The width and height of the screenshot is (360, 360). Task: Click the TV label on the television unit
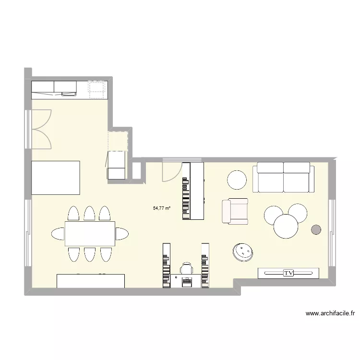[288, 273]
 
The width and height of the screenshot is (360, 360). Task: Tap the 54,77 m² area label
[162, 208]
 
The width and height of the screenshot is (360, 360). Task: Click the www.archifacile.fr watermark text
[330, 313]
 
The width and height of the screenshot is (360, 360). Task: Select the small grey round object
[316, 230]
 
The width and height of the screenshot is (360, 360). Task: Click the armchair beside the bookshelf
[235, 211]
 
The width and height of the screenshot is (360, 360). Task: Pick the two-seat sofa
[283, 177]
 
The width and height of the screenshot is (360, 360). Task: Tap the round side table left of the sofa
[237, 180]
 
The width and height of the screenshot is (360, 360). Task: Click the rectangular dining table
[90, 233]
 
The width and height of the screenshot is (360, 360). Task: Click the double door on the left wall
[40, 129]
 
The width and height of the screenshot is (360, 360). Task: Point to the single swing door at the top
[171, 171]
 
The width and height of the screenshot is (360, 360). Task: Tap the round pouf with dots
[243, 252]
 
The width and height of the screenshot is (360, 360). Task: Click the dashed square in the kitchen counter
[97, 89]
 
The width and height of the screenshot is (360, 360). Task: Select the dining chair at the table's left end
[58, 234]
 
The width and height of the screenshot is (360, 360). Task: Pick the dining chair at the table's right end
[121, 234]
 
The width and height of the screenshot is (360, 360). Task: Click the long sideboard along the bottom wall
[91, 281]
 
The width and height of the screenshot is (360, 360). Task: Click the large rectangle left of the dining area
[55, 178]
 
